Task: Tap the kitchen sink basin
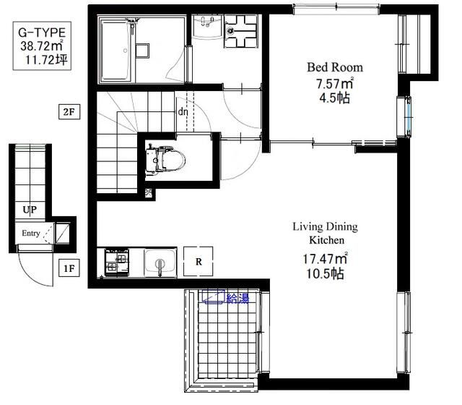coord(160,262)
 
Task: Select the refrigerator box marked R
coord(199,262)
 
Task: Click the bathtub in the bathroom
coord(115,50)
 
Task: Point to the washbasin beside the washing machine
coord(208,26)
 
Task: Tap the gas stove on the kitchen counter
coord(117,262)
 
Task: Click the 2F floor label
coord(69,112)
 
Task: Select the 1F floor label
coord(69,268)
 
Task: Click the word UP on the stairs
coord(30,210)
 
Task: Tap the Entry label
coord(31,233)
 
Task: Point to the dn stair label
coord(183,111)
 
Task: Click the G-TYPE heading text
coord(42,33)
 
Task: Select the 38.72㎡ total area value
coord(42,46)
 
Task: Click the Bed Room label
coord(335,67)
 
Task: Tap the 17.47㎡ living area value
coord(325,259)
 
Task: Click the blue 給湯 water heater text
coord(237,299)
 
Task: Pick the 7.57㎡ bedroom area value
coord(335,84)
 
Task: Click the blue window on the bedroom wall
coord(408,117)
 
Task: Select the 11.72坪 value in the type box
coord(46,60)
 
